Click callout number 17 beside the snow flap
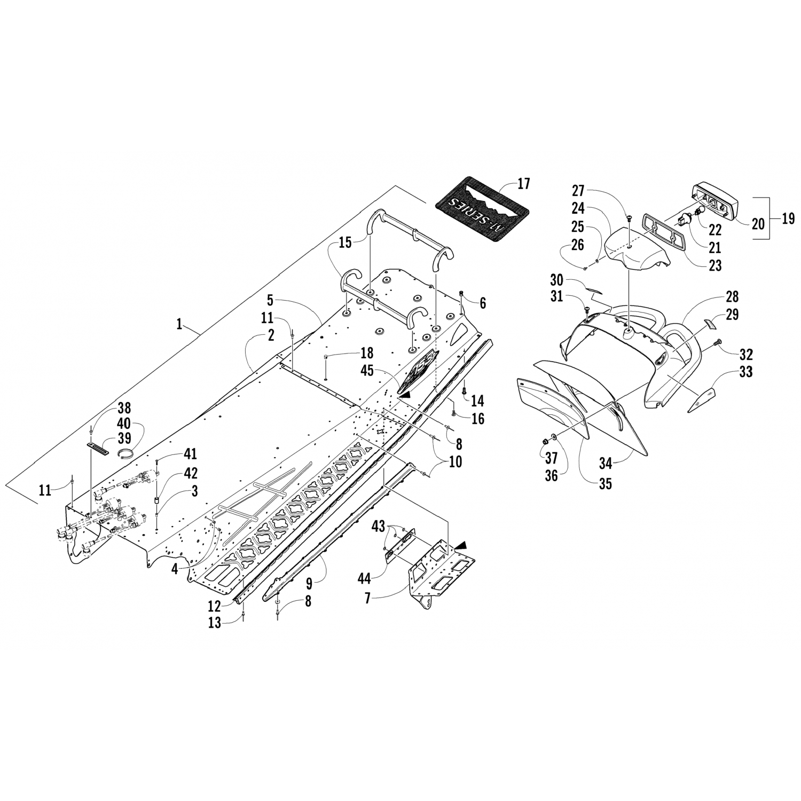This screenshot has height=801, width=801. click(524, 184)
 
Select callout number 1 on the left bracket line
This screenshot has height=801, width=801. click(180, 324)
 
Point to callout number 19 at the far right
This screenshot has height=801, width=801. click(788, 218)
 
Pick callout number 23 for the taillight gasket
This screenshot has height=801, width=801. click(715, 265)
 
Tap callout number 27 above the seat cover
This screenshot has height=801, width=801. click(579, 191)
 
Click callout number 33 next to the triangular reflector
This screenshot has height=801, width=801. click(745, 371)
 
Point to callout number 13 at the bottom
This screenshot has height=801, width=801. click(214, 623)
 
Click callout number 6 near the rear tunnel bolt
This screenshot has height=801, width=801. click(483, 303)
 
